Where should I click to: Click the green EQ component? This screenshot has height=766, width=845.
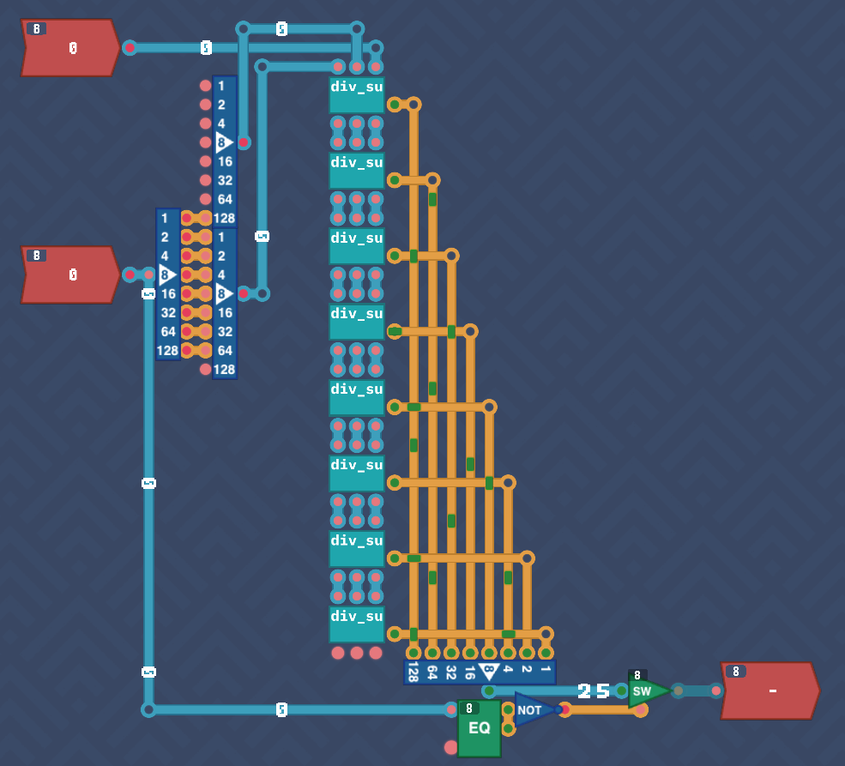click(x=479, y=728)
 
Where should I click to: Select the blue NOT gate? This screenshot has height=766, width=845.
click(x=532, y=710)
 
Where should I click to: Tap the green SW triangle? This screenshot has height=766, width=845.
click(x=645, y=691)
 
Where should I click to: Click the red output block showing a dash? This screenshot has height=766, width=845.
click(x=770, y=691)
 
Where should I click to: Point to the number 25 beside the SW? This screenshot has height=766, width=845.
click(x=594, y=691)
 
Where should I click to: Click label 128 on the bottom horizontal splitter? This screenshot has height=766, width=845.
click(x=413, y=672)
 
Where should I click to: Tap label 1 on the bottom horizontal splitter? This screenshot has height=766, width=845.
click(x=546, y=667)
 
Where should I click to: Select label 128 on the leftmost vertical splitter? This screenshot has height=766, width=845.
click(x=167, y=351)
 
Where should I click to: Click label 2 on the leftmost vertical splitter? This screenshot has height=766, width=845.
click(x=165, y=238)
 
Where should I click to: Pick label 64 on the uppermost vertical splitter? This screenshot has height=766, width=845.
click(x=225, y=200)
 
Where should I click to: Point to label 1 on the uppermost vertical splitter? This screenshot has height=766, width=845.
click(x=221, y=87)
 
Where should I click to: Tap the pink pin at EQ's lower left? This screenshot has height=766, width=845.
click(x=451, y=747)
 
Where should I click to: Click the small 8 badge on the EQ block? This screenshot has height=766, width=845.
click(x=468, y=709)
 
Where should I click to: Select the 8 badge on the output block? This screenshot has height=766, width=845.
click(x=735, y=672)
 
